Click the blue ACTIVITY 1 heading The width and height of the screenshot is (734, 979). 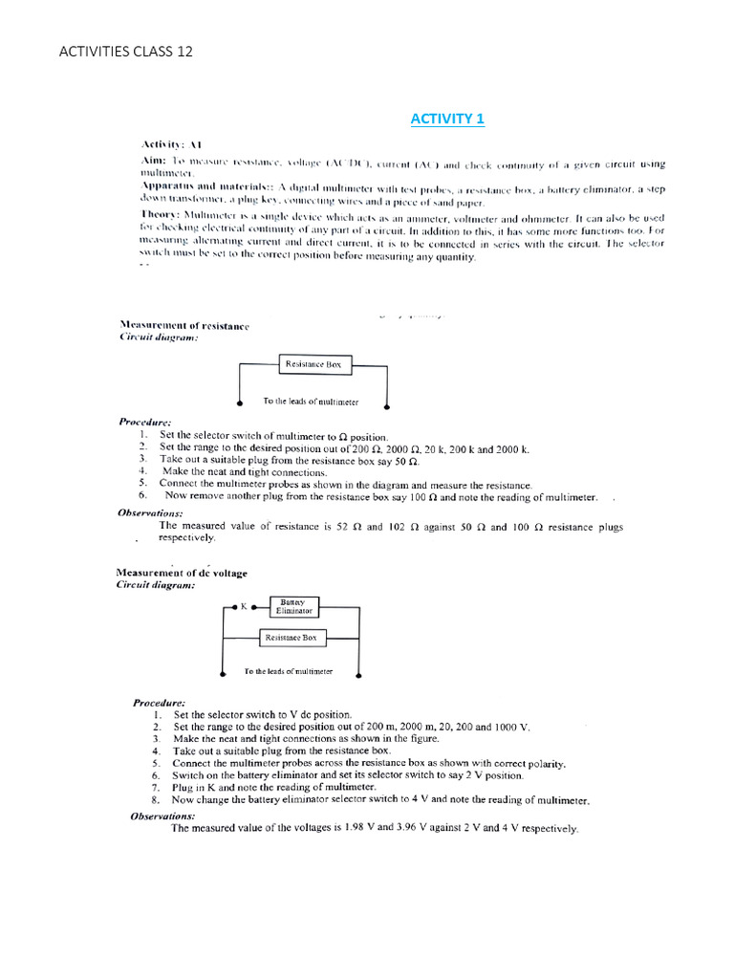[x=447, y=119]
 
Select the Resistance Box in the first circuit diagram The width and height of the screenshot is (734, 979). [x=315, y=364]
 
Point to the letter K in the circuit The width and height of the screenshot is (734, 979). [x=243, y=606]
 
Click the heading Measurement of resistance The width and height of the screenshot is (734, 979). [x=183, y=326]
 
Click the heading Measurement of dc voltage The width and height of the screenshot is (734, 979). [x=182, y=573]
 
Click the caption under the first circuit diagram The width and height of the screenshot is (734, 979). [x=311, y=402]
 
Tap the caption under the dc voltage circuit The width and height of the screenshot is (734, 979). [x=288, y=672]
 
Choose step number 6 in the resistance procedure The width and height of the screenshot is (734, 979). [x=141, y=496]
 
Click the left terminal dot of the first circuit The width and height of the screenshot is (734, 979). [x=239, y=403]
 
